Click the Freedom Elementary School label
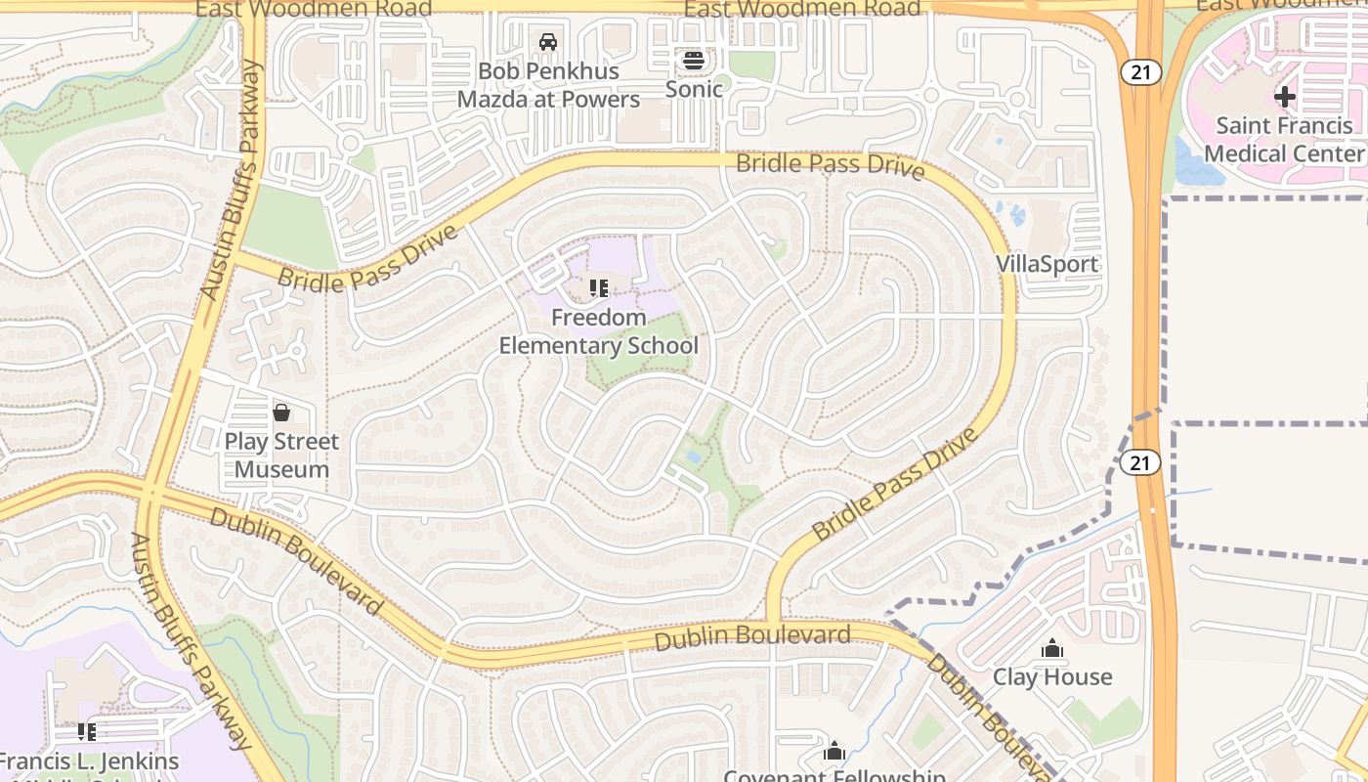[x=598, y=331]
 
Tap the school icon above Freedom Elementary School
[x=598, y=288]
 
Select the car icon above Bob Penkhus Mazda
[x=548, y=42]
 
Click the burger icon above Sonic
[x=694, y=61]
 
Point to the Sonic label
[x=694, y=89]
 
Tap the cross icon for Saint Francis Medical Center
[x=1284, y=96]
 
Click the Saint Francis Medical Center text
[x=1283, y=139]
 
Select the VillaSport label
[x=1047, y=264]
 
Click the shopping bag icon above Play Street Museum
[x=281, y=413]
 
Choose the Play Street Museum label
[x=281, y=456]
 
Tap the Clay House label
[x=1052, y=676]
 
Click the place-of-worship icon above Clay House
[x=1052, y=648]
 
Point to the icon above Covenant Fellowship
[x=834, y=751]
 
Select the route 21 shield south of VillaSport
[x=1139, y=462]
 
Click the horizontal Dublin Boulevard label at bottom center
[x=752, y=637]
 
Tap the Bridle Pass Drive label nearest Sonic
[x=830, y=165]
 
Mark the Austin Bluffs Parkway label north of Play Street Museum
[x=231, y=181]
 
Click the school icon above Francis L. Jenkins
[x=86, y=731]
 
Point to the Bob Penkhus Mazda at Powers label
[x=548, y=85]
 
